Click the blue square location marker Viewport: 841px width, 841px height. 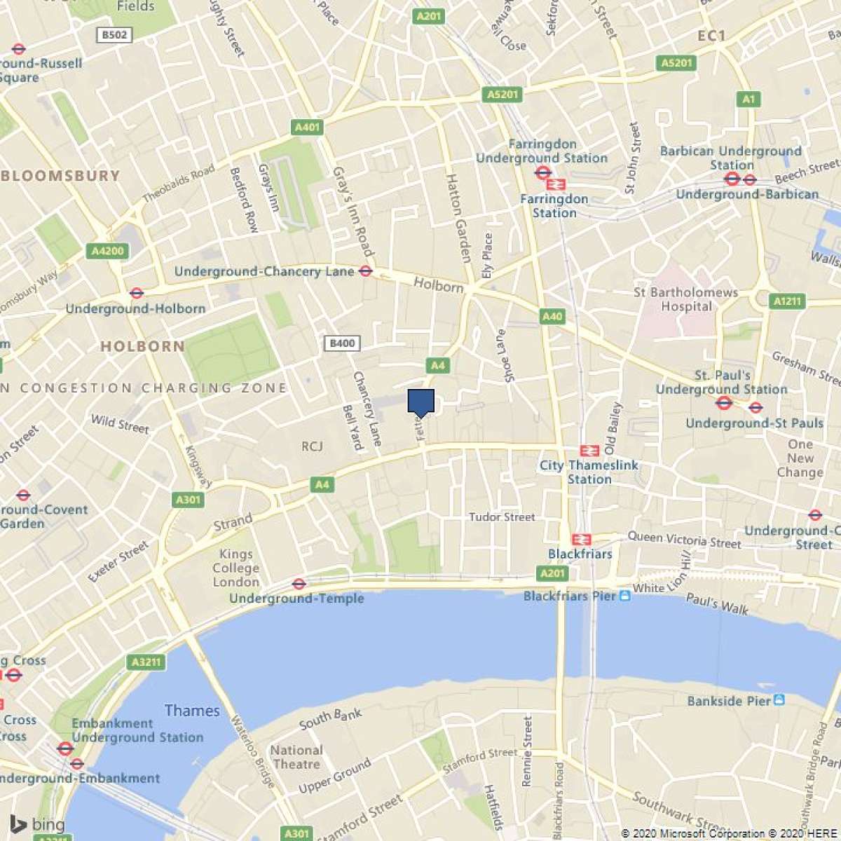pos(421,402)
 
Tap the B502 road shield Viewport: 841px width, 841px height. pos(114,35)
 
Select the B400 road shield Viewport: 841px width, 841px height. pos(342,343)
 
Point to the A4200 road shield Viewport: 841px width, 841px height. pos(108,251)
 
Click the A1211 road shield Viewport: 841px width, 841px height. pos(786,301)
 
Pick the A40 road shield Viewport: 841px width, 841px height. pos(552,317)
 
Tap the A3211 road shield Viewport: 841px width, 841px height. pos(146,662)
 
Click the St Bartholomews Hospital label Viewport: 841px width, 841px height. pos(685,299)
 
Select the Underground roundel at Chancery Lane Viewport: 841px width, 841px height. pos(365,271)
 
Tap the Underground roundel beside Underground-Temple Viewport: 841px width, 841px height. pos(299,583)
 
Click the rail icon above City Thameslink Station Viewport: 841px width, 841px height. pos(589,451)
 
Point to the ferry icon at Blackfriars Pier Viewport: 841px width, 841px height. pos(625,596)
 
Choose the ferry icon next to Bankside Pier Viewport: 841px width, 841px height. pos(779,700)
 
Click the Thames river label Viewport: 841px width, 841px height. pos(192,711)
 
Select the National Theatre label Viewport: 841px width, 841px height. pos(296,757)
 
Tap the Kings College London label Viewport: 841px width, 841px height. pos(236,568)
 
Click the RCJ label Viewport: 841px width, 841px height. pos(312,446)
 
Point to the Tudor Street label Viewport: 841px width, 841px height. pos(502,517)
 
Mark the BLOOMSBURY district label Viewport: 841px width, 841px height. pos(61,176)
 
